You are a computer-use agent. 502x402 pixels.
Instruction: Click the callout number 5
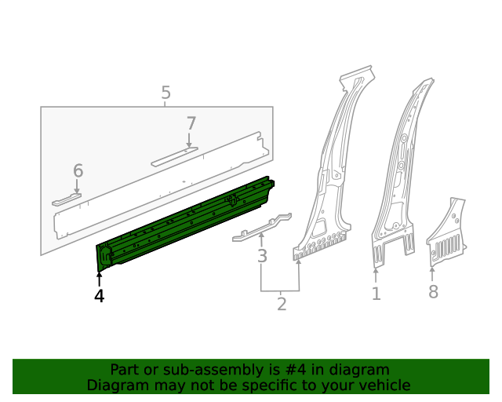tap(166, 93)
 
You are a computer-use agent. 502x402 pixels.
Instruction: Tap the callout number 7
tap(191, 123)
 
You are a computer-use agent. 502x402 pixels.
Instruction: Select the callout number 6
tap(78, 170)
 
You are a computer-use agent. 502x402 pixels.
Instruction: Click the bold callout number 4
tap(99, 296)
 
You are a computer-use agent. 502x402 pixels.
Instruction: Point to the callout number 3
tap(262, 256)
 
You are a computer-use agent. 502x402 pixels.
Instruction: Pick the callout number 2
tap(282, 302)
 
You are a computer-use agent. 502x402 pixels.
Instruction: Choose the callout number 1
tap(376, 294)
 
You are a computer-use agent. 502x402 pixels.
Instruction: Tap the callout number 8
tap(433, 293)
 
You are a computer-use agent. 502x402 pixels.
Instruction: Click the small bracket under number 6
tap(67, 200)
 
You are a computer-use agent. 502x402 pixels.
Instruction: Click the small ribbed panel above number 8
tap(446, 236)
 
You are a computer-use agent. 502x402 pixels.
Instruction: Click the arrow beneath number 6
tap(77, 187)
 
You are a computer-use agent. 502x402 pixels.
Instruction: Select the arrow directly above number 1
tap(376, 275)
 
